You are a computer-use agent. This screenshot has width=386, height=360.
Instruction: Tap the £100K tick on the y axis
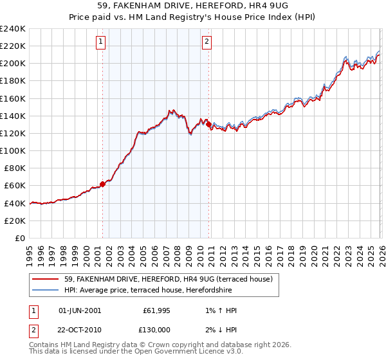[13, 150]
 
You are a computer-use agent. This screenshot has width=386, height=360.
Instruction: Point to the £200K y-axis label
[13, 64]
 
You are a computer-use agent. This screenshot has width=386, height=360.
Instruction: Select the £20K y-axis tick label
[15, 220]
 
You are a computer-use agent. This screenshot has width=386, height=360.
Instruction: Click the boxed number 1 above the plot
[102, 43]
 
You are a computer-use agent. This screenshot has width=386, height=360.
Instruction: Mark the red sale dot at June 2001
[102, 184]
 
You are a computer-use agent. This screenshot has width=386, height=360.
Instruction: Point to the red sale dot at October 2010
[208, 125]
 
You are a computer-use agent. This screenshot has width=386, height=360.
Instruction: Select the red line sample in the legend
[45, 279]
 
